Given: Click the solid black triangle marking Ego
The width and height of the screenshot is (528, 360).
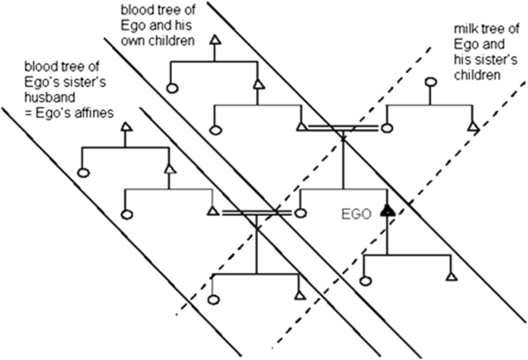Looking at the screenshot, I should [387, 208].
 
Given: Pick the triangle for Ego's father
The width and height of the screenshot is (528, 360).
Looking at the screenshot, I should [301, 125].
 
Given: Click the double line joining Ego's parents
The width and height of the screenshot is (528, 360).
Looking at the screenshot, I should [343, 127].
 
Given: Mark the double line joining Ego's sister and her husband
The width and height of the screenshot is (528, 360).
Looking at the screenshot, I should [256, 211].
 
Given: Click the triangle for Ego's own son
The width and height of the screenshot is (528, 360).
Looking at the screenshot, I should [452, 275].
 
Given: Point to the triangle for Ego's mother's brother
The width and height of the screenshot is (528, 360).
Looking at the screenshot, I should [472, 126].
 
